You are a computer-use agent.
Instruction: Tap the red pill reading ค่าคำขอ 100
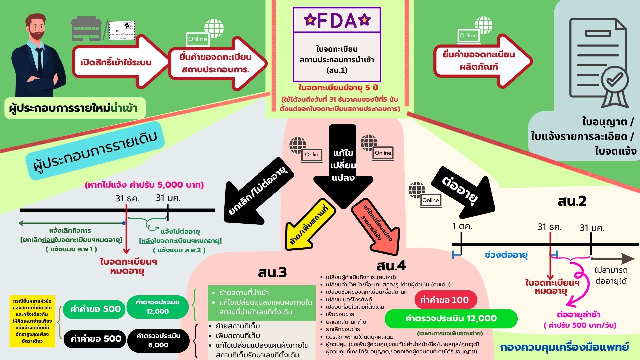(x=446, y=300)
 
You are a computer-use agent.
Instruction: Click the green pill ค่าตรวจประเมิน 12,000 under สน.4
(x=451, y=318)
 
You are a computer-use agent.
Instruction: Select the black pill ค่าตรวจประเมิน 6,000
(x=158, y=340)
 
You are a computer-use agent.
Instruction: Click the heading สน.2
(x=572, y=201)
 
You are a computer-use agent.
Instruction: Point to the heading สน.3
(x=272, y=272)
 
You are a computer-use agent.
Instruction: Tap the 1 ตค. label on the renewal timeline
(x=462, y=226)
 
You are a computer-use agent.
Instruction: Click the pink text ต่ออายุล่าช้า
(x=579, y=314)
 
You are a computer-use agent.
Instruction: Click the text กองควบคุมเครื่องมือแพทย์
(x=564, y=347)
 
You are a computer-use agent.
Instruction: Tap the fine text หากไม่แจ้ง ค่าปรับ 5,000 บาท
(x=144, y=185)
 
